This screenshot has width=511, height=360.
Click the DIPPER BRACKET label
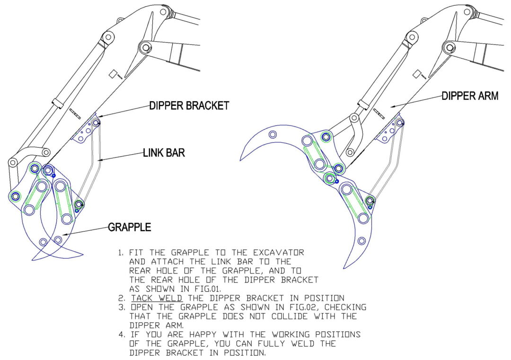(189, 105)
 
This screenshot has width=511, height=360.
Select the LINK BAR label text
(164, 153)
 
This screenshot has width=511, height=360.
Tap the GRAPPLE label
(130, 227)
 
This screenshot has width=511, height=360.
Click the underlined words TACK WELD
(152, 298)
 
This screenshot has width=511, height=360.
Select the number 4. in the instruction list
(122, 334)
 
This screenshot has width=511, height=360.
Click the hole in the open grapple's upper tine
(273, 134)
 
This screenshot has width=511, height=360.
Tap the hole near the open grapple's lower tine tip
(361, 241)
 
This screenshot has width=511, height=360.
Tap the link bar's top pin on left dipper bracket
(96, 123)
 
